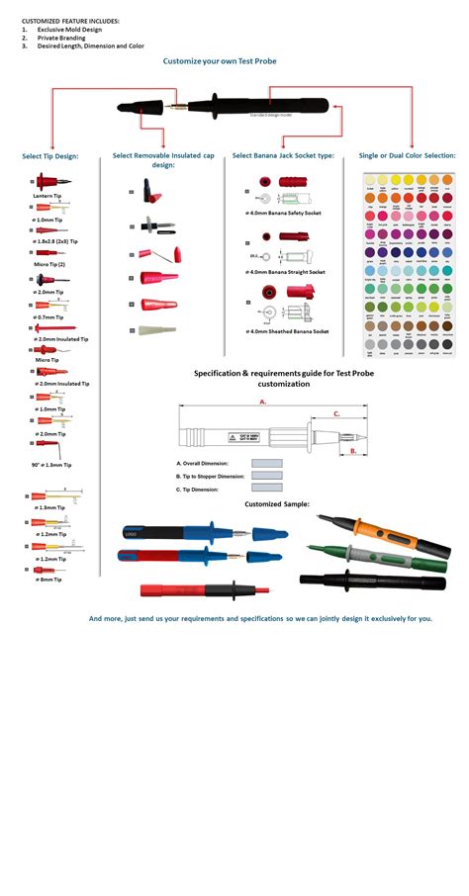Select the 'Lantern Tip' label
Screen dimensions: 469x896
point(47,196)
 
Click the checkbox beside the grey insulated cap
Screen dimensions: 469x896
point(132,329)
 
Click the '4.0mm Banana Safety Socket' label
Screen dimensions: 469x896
point(285,213)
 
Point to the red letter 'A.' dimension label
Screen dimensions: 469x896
point(263,403)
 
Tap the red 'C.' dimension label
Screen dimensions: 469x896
point(336,414)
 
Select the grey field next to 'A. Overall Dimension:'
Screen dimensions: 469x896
point(266,463)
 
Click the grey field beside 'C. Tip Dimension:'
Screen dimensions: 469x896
point(266,488)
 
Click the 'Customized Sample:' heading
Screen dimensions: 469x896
point(277,503)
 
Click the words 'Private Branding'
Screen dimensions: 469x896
point(65,38)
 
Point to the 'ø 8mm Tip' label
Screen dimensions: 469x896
point(49,580)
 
